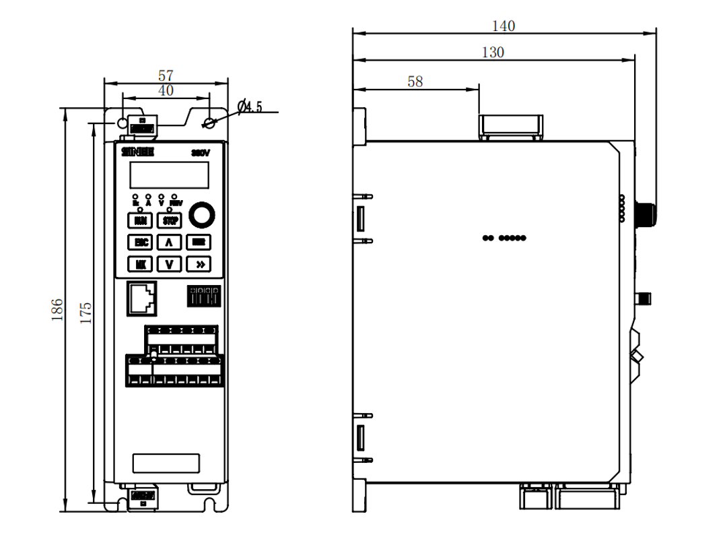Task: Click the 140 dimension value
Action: pyautogui.click(x=503, y=26)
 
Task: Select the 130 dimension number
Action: pyautogui.click(x=493, y=53)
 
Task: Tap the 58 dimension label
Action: pyautogui.click(x=415, y=82)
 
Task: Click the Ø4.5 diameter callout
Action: pyautogui.click(x=250, y=106)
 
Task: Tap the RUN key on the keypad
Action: pyautogui.click(x=141, y=220)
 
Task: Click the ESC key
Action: pyautogui.click(x=141, y=242)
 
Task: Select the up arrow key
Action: pyautogui.click(x=169, y=242)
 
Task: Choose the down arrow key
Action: pyautogui.click(x=169, y=263)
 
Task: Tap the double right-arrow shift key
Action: pyautogui.click(x=199, y=263)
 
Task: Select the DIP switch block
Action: pyautogui.click(x=204, y=295)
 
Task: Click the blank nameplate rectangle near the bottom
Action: pyautogui.click(x=166, y=464)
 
